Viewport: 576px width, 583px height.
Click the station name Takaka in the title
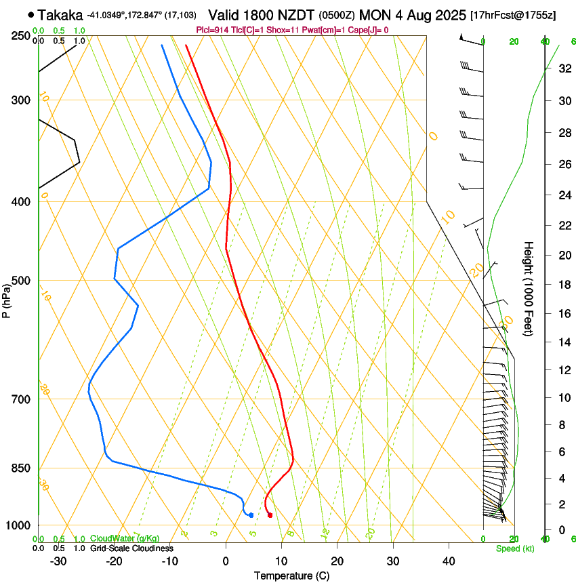[61, 15]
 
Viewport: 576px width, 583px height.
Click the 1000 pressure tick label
[20, 525]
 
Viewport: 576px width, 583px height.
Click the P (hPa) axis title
[6, 299]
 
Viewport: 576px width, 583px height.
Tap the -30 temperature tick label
[58, 561]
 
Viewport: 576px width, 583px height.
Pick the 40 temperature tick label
[448, 561]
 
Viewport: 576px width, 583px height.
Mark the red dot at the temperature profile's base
[270, 515]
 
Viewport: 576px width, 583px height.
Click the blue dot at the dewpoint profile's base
[251, 515]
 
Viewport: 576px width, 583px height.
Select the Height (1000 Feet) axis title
[529, 289]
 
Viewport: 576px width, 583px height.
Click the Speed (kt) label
[514, 548]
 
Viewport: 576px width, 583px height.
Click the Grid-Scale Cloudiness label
[131, 548]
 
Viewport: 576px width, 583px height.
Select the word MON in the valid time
[374, 15]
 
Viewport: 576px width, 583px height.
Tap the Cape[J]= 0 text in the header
[370, 30]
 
